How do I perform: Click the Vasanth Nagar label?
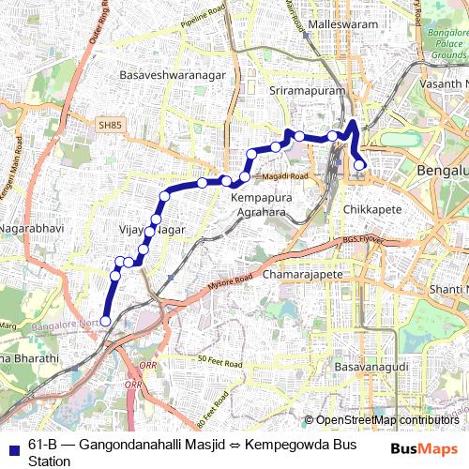click(x=445, y=85)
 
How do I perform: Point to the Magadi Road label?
click(x=285, y=176)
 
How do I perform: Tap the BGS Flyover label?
click(x=364, y=240)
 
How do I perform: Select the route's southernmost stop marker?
click(x=105, y=322)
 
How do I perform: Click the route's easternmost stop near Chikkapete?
click(x=359, y=166)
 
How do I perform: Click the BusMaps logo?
click(x=424, y=449)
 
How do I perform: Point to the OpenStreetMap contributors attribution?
click(x=387, y=420)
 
